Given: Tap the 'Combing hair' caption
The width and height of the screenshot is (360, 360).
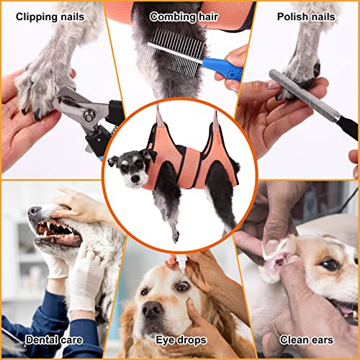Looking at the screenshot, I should click(180, 16).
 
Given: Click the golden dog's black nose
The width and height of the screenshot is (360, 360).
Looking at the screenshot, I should click(151, 310).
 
